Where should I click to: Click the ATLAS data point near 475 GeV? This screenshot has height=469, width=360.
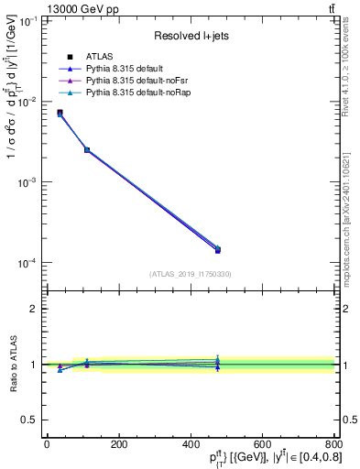(217, 249)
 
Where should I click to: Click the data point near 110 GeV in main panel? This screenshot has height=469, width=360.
(87, 149)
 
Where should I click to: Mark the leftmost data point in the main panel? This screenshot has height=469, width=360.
(60, 113)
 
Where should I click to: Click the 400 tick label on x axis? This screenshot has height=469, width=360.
(190, 445)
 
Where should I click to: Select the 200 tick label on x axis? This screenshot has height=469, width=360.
(118, 445)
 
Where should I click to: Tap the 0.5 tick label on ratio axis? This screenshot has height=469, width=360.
(31, 420)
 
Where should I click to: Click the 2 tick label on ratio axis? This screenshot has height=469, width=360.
(35, 309)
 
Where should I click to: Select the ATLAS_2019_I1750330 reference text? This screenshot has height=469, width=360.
(190, 274)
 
